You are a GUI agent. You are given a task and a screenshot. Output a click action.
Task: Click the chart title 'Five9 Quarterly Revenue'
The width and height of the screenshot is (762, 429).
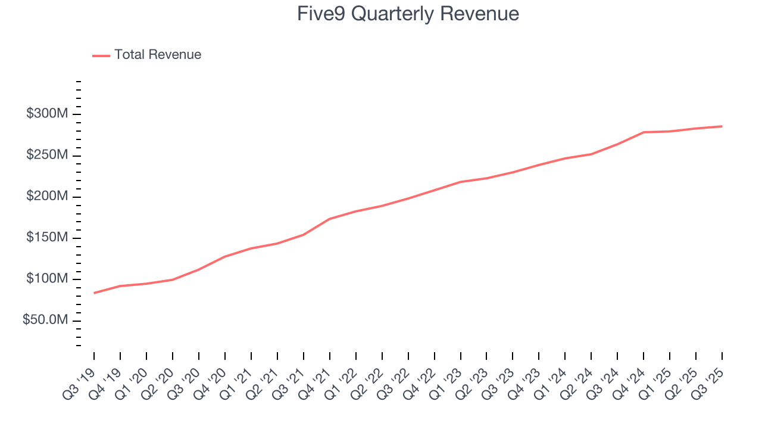point(408,14)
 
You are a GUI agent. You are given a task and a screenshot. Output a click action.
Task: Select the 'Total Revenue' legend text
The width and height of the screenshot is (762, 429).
point(158,55)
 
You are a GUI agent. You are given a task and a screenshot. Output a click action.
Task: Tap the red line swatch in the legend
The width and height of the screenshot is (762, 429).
point(101,55)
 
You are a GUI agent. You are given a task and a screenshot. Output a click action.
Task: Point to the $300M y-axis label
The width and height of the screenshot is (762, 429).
point(45,114)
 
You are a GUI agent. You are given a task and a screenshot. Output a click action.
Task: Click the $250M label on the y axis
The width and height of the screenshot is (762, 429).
point(45,156)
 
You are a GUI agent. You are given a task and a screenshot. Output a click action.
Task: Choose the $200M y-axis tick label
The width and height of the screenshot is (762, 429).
point(45,197)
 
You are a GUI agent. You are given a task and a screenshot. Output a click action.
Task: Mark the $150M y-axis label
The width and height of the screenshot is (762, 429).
point(45,238)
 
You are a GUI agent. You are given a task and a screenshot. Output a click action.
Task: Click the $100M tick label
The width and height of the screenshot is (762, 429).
point(45,279)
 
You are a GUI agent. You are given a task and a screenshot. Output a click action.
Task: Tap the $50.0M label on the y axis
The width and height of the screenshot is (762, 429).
point(44,321)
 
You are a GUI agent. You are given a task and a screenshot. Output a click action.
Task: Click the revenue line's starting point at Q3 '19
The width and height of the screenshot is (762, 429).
point(94,293)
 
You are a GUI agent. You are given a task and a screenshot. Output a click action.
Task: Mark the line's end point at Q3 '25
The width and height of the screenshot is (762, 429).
point(722,126)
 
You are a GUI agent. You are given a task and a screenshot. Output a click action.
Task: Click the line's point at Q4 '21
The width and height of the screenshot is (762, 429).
point(330,219)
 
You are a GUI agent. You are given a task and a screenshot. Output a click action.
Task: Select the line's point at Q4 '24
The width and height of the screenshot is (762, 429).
point(644,132)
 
